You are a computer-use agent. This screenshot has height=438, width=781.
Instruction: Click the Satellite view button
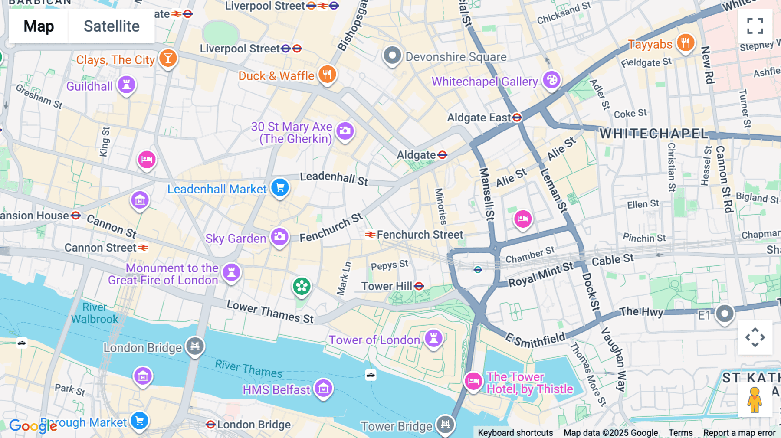(112, 26)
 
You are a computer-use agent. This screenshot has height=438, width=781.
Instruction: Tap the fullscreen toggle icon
(755, 26)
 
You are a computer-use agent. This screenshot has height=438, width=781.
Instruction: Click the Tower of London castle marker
(433, 338)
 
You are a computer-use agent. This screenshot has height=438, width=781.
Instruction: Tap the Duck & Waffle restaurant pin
(327, 75)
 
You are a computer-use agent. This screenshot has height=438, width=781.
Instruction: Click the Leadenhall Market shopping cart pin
(280, 187)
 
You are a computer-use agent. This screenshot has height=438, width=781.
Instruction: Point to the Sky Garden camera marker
(280, 237)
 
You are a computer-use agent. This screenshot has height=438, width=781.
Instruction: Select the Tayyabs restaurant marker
(686, 42)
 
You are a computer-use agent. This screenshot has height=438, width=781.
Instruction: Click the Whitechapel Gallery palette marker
(551, 80)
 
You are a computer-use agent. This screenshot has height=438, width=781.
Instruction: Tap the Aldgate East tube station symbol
(517, 118)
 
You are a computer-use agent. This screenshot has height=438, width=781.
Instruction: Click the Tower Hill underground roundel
(419, 286)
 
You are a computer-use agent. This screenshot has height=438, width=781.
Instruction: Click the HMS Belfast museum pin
(323, 388)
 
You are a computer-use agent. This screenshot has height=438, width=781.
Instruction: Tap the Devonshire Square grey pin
(392, 56)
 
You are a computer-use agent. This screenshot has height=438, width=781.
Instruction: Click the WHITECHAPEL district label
(653, 134)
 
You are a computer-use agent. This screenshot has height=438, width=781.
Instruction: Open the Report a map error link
(739, 433)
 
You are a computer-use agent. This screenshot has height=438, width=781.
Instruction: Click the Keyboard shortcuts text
(515, 433)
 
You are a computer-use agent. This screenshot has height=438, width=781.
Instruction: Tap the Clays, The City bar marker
(168, 58)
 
